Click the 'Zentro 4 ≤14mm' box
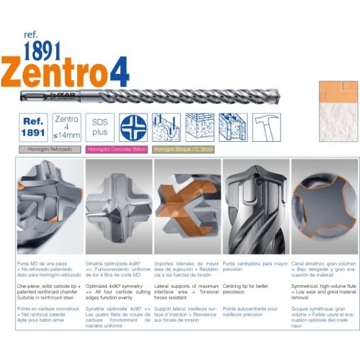point(66,128)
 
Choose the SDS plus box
point(100,128)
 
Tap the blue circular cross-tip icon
point(133,128)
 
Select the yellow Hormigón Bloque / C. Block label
point(183,150)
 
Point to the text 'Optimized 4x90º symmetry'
point(113,287)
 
